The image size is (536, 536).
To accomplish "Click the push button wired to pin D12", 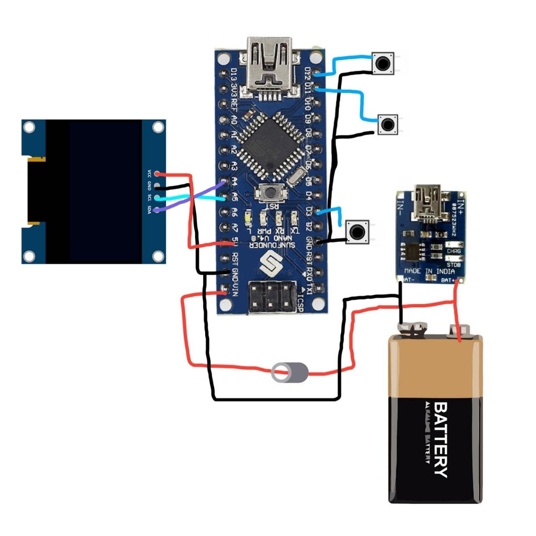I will [383, 63].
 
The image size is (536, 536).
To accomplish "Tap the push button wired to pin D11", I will [387, 125].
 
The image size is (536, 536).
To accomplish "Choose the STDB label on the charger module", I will [453, 265].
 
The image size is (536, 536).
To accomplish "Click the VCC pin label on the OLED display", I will [149, 174].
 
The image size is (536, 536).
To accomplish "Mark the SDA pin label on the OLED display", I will [149, 210].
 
